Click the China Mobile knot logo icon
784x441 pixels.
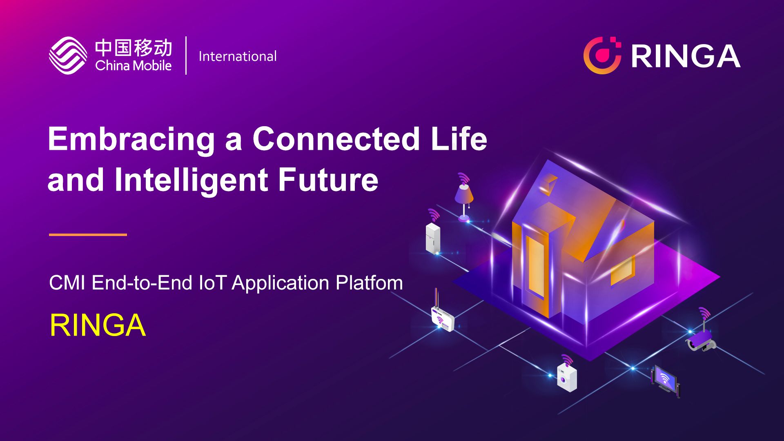coord(68,55)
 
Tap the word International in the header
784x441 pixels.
coord(238,56)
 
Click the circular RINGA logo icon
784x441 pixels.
coord(602,55)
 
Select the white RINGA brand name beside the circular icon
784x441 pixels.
coord(686,56)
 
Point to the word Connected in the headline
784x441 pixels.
coord(336,138)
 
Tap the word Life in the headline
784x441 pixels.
coord(459,138)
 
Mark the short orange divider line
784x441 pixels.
coord(88,235)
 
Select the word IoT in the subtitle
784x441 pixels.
coord(212,283)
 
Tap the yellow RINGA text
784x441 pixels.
coord(97,325)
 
